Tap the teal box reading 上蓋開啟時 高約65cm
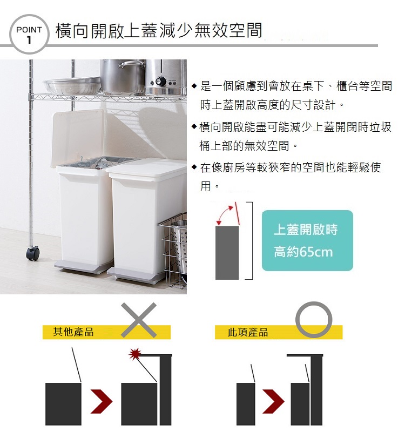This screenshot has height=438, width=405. (307, 240)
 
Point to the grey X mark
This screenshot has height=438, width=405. (139, 320)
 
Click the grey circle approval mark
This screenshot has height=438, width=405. (314, 305)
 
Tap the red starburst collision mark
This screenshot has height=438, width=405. (135, 354)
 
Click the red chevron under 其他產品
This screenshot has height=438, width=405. (102, 401)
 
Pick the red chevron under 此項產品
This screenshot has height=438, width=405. (273, 401)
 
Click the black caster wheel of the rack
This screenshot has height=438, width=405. (33, 254)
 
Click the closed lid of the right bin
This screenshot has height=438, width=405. (147, 167)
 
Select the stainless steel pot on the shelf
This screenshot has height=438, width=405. (123, 76)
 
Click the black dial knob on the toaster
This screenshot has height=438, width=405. (160, 81)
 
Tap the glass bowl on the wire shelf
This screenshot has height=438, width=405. (72, 85)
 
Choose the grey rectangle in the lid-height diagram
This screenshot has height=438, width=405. (227, 253)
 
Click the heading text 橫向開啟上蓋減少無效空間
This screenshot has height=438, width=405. (159, 30)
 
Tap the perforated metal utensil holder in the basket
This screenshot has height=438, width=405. (179, 246)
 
